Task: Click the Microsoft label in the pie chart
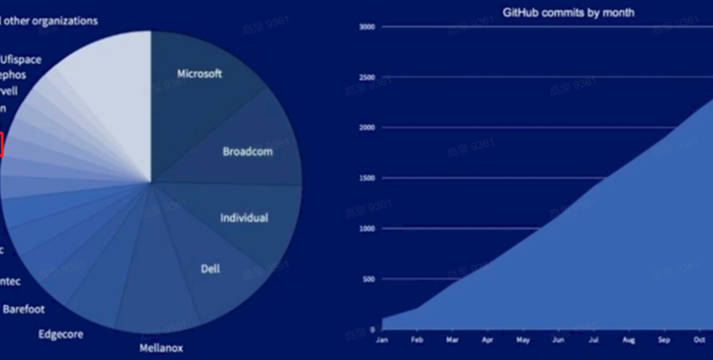pos(199,74)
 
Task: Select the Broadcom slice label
pos(248,152)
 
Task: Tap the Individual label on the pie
pos(244,218)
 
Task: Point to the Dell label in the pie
pos(210,269)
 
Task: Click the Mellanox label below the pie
pos(161,348)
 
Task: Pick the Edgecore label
pos(61,334)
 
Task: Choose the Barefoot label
pos(24,309)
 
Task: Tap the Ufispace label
pos(21,59)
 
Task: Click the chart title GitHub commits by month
pos(569,13)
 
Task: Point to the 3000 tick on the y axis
pos(367,27)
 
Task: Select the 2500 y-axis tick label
pos(367,77)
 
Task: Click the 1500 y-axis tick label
pos(367,178)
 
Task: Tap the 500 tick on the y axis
pos(369,279)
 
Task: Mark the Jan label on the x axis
pos(382,340)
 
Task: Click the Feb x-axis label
pos(417,340)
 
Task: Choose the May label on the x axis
pos(523,340)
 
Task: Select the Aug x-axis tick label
pos(629,340)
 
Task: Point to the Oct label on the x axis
pos(699,340)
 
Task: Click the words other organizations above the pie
pos(50,21)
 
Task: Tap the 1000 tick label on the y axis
pos(367,229)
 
